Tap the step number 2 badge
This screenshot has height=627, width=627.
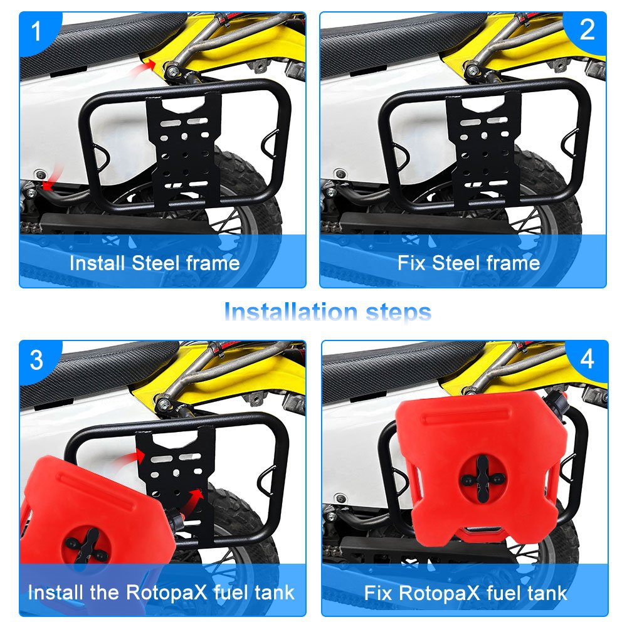[587, 29]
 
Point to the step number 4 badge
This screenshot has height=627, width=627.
[587, 359]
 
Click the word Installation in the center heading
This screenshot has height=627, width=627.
[291, 312]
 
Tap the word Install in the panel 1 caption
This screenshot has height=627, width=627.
[97, 263]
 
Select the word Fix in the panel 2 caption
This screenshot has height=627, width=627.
[411, 263]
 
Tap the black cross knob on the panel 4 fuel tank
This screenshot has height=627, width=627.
[483, 478]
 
